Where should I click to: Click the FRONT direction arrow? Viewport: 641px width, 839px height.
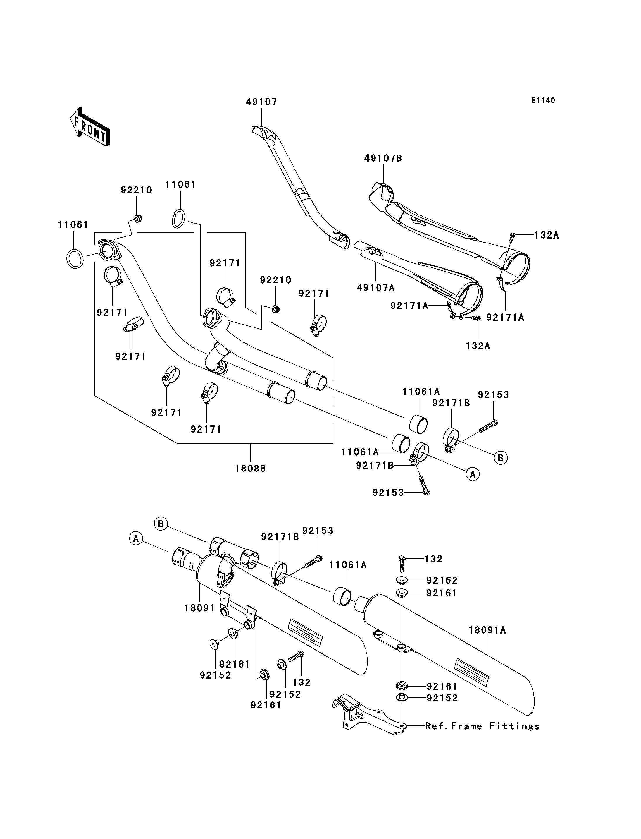(x=90, y=126)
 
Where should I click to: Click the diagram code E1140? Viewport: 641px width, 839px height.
(x=543, y=100)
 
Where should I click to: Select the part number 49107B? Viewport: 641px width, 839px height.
(x=383, y=158)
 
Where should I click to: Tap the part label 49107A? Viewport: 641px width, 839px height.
(x=375, y=288)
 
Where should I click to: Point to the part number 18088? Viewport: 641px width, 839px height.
(x=250, y=468)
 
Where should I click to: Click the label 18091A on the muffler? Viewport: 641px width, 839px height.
(x=487, y=630)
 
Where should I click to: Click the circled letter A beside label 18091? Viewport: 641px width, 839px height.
(x=135, y=539)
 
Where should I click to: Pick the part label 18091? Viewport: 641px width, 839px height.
(x=200, y=608)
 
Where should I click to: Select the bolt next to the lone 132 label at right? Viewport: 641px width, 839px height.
(x=402, y=563)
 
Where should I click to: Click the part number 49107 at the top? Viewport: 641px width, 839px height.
(x=261, y=102)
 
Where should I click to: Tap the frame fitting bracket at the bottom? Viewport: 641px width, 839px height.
(x=368, y=714)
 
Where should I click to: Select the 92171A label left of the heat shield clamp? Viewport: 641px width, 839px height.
(x=409, y=306)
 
